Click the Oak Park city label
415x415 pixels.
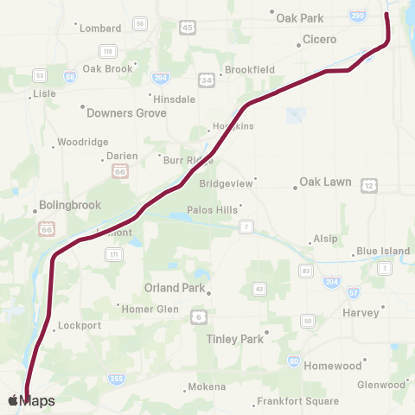299,17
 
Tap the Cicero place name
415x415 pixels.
319,40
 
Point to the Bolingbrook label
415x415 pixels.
70,206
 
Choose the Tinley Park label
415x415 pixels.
235,339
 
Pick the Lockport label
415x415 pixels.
81,327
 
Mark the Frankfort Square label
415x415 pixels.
297,402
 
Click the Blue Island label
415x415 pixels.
383,252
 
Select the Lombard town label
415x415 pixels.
100,29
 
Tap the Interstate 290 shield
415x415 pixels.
358,16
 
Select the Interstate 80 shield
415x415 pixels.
294,361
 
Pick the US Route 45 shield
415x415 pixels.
187,29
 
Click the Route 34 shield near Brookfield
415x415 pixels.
207,80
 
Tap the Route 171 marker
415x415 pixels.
113,254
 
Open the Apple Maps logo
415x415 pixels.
32,400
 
